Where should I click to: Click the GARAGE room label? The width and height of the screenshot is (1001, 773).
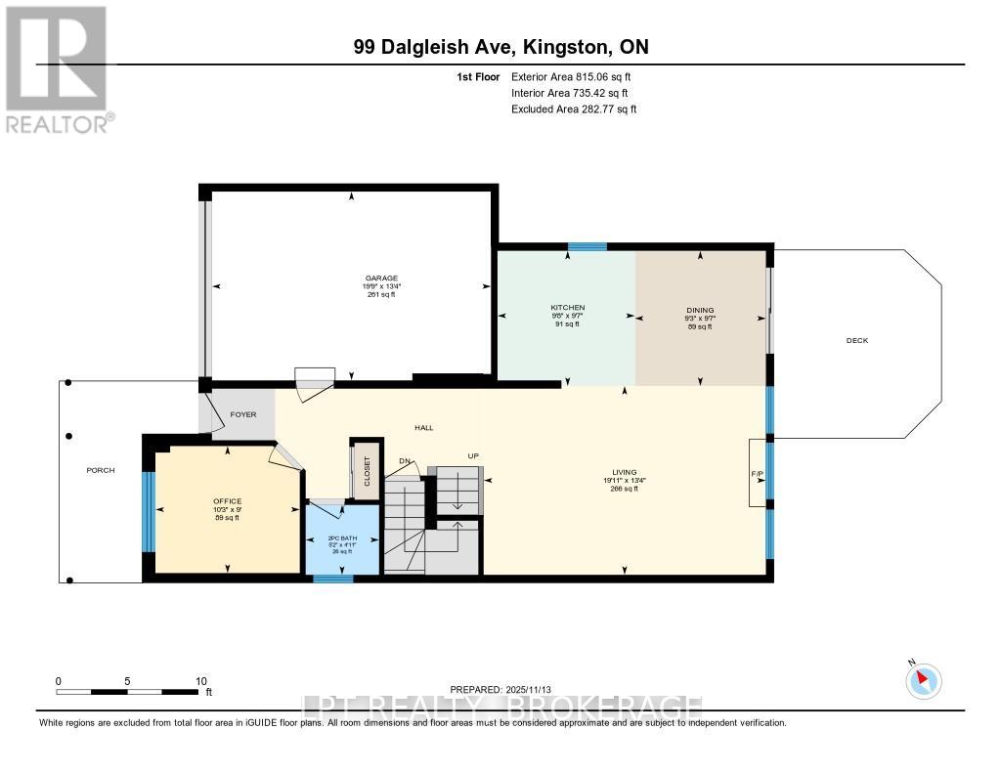354,278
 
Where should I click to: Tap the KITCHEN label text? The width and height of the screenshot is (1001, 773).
567,308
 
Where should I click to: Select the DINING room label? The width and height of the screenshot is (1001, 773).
699,310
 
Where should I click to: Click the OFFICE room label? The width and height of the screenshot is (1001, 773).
228,501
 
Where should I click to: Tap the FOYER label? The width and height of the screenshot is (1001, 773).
242,414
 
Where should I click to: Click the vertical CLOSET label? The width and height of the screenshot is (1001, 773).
368,471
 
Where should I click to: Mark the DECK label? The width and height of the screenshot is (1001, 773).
856,340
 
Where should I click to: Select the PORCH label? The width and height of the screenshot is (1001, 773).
100,470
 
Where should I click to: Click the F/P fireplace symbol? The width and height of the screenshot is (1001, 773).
757,473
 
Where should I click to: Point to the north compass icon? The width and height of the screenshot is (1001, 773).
923,680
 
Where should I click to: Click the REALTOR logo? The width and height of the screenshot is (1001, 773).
57,68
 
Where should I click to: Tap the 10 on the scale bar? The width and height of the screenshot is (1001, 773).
200,680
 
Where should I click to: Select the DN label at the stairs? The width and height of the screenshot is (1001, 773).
405,460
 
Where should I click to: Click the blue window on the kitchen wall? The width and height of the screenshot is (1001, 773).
588,246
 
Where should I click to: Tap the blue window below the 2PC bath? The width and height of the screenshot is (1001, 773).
332,579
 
